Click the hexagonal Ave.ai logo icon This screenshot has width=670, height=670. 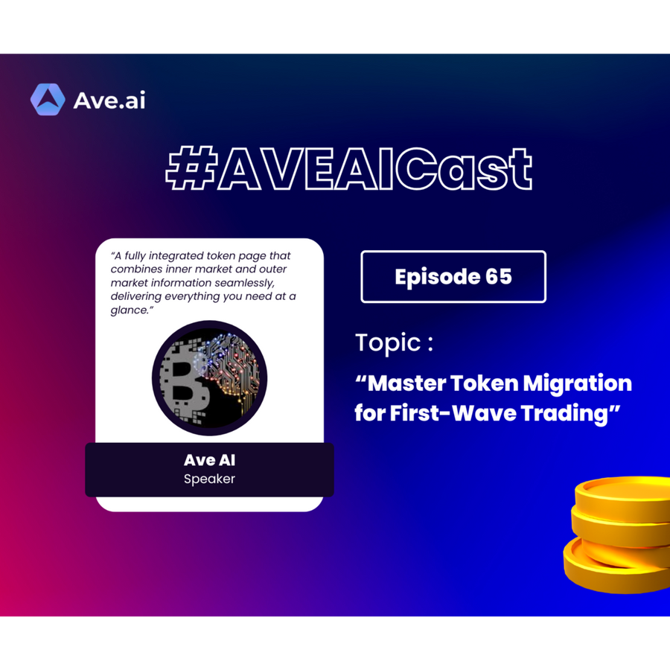(x=48, y=100)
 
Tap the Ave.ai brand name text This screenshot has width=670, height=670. (x=109, y=100)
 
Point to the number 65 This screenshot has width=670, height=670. (x=499, y=276)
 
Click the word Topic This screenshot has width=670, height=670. (x=389, y=343)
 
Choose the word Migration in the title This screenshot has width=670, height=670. (x=577, y=384)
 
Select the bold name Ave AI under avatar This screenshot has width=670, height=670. (x=209, y=460)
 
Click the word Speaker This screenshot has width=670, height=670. (x=209, y=479)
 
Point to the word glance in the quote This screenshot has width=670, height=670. (x=129, y=310)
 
